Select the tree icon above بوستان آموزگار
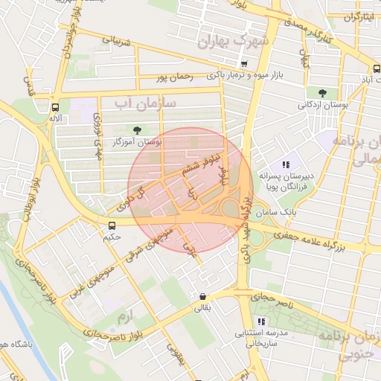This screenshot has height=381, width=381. [x=135, y=129]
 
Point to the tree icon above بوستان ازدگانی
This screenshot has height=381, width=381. [x=321, y=93]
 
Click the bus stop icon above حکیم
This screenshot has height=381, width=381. [x=112, y=225]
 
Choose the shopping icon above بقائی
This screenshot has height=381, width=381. [x=202, y=296]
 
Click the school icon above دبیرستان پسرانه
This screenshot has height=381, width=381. [x=285, y=164]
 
